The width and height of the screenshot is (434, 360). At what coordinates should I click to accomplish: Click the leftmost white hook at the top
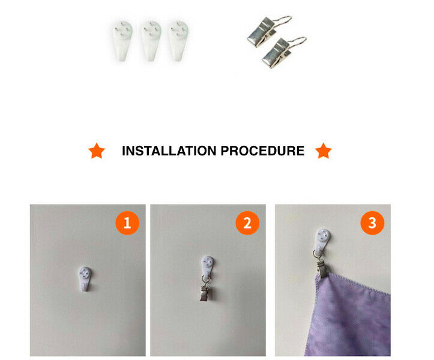(122, 41)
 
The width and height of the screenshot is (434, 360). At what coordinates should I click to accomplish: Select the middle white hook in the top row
(151, 41)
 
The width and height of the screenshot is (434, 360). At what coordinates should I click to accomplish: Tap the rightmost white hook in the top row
(178, 41)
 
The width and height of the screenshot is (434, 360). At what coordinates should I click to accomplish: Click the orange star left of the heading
(97, 151)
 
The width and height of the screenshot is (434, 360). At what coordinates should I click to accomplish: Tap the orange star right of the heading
(324, 151)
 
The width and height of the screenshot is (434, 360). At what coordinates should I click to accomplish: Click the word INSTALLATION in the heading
(169, 151)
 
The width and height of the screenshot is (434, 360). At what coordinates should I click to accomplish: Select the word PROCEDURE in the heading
(262, 151)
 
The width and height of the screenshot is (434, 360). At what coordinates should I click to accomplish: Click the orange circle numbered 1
(127, 223)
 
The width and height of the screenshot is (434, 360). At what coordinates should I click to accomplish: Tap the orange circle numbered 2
(247, 223)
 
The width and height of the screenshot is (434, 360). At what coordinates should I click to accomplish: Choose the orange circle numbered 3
(372, 223)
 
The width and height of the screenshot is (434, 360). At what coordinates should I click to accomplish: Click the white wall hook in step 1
(85, 278)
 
